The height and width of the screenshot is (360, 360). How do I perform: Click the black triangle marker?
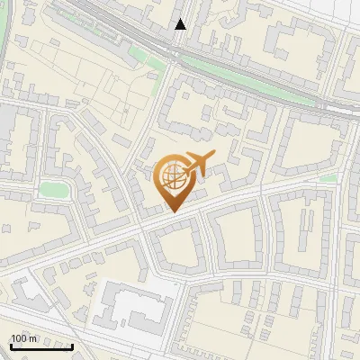(181, 24)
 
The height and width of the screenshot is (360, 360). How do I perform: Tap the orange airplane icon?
(197, 165)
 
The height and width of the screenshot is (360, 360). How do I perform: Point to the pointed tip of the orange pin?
(172, 211)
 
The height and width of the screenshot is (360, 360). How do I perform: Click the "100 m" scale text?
(23, 338)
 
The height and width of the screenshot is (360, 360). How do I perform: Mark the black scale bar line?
(41, 346)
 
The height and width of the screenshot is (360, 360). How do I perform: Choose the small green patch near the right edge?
(328, 178)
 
